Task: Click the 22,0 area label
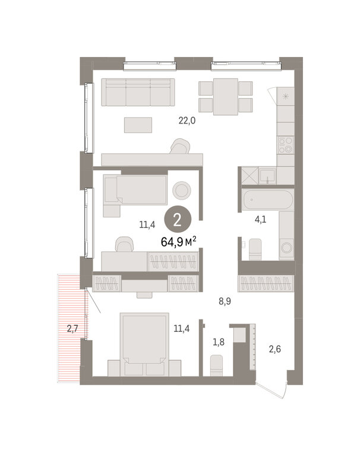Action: coord(187,120)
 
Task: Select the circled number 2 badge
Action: coord(177,220)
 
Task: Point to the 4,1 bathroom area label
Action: coord(260,219)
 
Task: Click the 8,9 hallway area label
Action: coord(225,301)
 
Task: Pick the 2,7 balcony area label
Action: coord(72,328)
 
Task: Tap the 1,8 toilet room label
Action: coord(219,342)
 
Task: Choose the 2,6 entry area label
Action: coord(274,349)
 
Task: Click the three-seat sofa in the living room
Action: coord(138,92)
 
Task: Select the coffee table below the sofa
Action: coord(138,125)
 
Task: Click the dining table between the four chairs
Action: coord(226,97)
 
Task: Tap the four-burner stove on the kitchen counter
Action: coord(286,145)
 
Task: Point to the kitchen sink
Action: coord(267,176)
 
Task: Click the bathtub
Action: coord(268,199)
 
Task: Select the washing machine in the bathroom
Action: coord(286,248)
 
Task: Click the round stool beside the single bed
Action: coord(182,191)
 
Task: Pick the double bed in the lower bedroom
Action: coord(144,344)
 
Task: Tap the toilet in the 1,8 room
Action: coord(216,365)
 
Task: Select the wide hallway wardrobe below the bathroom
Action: coord(266,283)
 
